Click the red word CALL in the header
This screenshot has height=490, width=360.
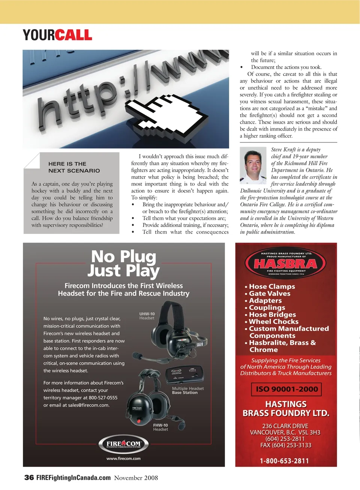coord(73,35)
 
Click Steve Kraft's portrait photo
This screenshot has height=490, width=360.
coord(253,165)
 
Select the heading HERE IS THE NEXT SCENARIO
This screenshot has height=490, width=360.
coord(74,167)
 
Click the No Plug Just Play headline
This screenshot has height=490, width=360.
coord(124,264)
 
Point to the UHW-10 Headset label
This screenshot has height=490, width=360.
coord(147,316)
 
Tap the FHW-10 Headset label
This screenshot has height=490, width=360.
coord(160,427)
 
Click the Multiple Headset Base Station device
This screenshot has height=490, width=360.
coord(185,375)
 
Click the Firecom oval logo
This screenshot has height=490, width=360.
coord(123,444)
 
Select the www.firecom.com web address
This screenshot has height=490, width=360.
coord(123,459)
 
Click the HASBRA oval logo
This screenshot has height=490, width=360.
coord(286,263)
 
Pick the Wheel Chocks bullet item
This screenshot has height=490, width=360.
coord(273,322)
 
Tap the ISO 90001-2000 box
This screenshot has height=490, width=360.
coord(286,389)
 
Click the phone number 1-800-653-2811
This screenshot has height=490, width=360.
coord(284,461)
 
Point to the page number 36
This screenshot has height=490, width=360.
coord(29,478)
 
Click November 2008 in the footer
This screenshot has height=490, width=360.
coord(136,478)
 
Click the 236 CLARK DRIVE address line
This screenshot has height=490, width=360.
coord(285,426)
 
